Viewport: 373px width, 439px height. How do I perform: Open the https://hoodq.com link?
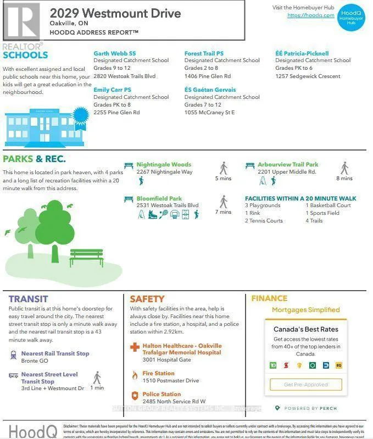(x=310, y=15)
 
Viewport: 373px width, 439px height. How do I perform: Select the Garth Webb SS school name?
(x=114, y=53)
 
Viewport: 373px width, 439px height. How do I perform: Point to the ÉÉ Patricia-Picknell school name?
(x=302, y=53)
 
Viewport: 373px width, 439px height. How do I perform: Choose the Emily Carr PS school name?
(x=112, y=90)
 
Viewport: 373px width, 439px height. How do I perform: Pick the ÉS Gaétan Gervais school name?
(x=210, y=90)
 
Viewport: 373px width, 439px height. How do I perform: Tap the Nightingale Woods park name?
(x=164, y=164)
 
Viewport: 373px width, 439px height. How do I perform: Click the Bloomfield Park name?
(x=159, y=198)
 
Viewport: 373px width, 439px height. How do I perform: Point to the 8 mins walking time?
(x=344, y=178)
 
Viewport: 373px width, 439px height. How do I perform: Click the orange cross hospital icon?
(x=135, y=348)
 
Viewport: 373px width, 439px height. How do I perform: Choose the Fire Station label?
(x=159, y=374)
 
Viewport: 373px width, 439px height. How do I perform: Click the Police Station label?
(x=162, y=394)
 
